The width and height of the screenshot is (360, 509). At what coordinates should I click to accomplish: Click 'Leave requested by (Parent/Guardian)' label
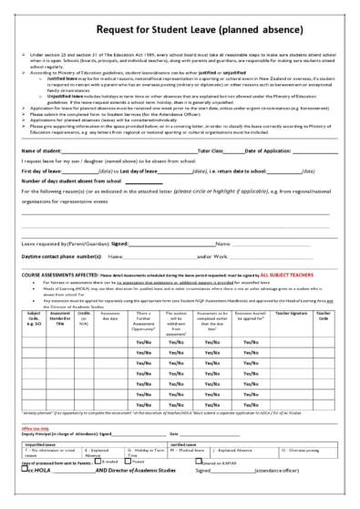(x=64, y=244)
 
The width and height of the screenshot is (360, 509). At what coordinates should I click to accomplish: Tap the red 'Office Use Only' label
(x=34, y=427)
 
